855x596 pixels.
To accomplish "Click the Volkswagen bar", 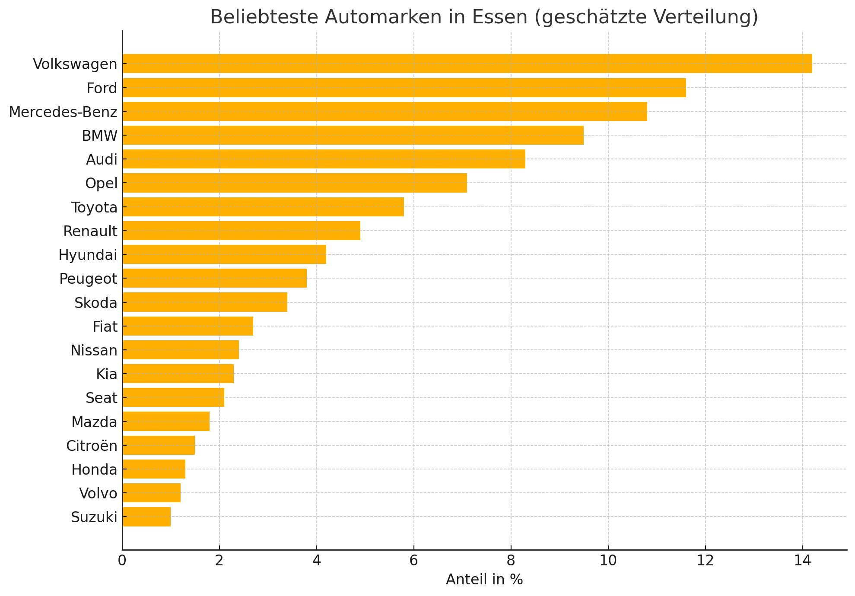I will (467, 63).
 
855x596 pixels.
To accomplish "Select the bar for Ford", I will (404, 88).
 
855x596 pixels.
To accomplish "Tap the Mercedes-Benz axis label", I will (63, 112).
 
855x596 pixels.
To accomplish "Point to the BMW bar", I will (353, 135).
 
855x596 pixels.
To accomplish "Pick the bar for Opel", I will (294, 183).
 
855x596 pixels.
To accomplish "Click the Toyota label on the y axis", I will (95, 208).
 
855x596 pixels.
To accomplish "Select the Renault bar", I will (241, 231).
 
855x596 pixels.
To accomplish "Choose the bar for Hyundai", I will (224, 254).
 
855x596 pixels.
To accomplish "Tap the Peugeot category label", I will (88, 279).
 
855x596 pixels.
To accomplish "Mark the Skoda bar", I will (204, 302).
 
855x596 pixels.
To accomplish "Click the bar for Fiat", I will (188, 326).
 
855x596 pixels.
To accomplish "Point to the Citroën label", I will (92, 446).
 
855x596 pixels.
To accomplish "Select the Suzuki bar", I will (146, 517).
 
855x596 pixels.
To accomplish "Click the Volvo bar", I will (151, 493).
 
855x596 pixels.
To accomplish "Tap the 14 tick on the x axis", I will (803, 561).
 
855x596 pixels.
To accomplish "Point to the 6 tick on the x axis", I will (414, 561).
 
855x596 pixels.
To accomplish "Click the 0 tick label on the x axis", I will (122, 561).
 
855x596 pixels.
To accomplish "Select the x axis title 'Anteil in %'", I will (484, 580).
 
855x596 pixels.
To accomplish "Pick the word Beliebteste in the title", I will (264, 17).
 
